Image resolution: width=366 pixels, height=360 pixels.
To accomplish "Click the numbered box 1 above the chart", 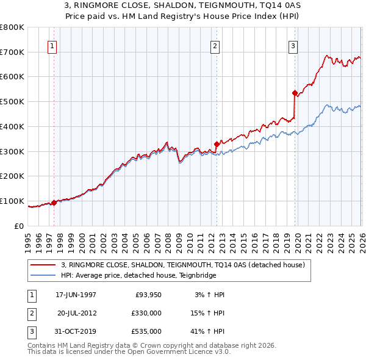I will click(x=52, y=45).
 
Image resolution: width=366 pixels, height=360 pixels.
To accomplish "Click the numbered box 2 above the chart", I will click(x=215, y=45).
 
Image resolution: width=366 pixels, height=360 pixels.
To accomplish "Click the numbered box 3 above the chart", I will click(x=293, y=45).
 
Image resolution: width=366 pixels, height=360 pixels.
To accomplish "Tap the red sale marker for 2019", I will click(x=295, y=93).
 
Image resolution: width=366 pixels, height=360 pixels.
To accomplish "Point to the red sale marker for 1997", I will click(x=54, y=203).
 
